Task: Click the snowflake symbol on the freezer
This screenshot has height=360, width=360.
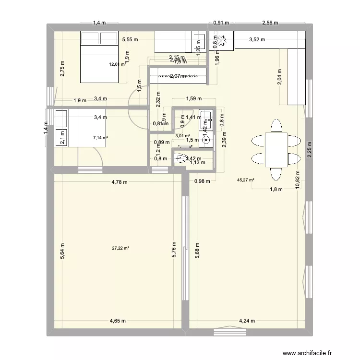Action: tap(222, 41)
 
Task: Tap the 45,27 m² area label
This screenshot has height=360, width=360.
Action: tap(245, 180)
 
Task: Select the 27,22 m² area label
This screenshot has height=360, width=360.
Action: tap(120, 248)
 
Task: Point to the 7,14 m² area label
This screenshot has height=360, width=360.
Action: tap(100, 138)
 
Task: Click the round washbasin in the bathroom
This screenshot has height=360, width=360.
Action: tap(206, 141)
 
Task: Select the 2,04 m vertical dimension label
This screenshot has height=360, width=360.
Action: tap(280, 76)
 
